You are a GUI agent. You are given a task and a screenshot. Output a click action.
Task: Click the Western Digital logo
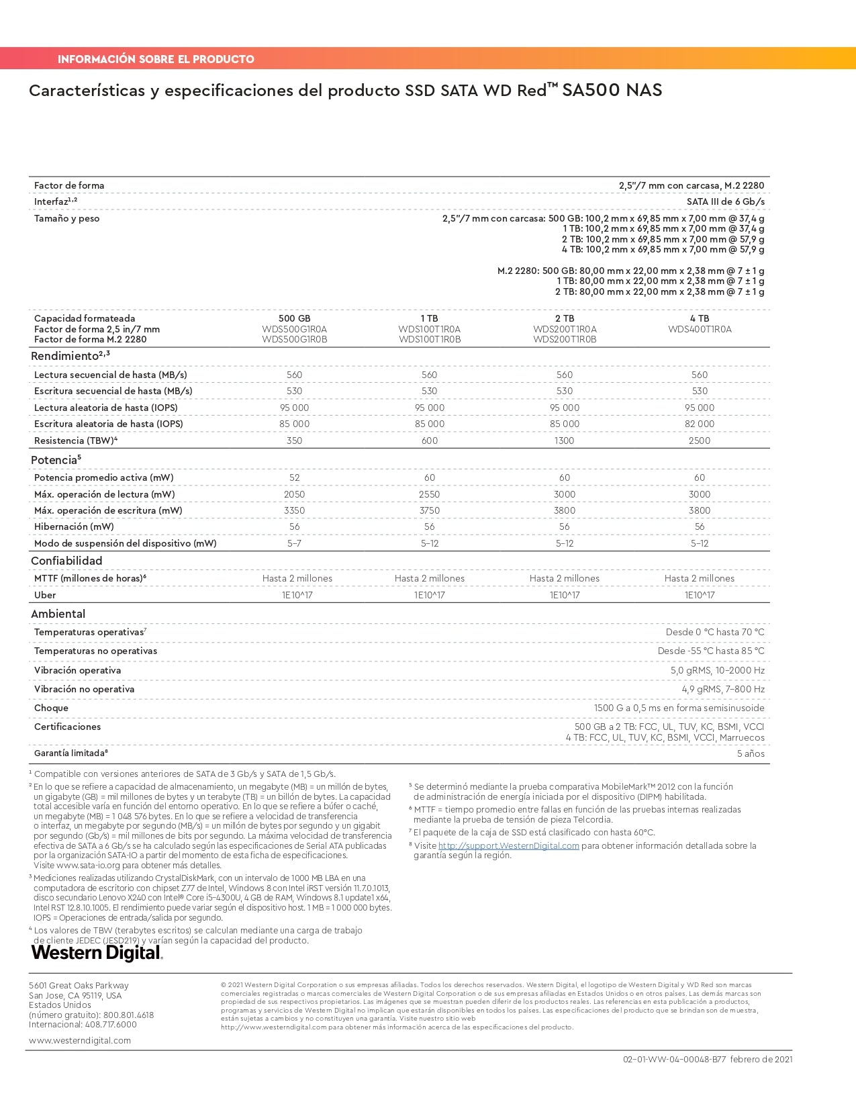click(97, 953)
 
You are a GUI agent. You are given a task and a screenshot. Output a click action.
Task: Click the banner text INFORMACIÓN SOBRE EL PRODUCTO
click(156, 59)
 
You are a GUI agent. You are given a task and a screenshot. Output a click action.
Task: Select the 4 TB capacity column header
click(699, 318)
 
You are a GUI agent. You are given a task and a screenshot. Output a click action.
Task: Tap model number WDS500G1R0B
click(294, 340)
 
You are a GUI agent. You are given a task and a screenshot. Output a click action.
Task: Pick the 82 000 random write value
click(699, 424)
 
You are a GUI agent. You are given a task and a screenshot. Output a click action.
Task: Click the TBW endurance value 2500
click(699, 441)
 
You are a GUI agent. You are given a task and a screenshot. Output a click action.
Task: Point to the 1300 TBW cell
click(564, 441)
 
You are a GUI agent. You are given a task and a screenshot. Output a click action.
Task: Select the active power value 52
click(294, 477)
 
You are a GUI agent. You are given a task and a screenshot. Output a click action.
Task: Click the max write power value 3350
click(294, 510)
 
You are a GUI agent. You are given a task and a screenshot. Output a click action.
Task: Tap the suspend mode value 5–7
click(294, 543)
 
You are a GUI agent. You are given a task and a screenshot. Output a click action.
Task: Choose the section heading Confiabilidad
click(66, 561)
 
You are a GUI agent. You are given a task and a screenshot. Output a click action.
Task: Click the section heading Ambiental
click(58, 614)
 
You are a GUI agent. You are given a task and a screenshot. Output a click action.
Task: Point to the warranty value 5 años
click(751, 753)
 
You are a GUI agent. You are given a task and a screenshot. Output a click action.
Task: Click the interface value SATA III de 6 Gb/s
click(725, 201)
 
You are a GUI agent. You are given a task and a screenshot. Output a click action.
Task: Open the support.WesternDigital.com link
click(508, 846)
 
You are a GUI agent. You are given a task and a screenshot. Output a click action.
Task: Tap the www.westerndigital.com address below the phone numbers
click(80, 1040)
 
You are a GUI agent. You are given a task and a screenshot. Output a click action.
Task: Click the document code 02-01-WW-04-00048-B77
click(674, 1060)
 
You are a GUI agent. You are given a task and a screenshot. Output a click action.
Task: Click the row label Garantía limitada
click(70, 753)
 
